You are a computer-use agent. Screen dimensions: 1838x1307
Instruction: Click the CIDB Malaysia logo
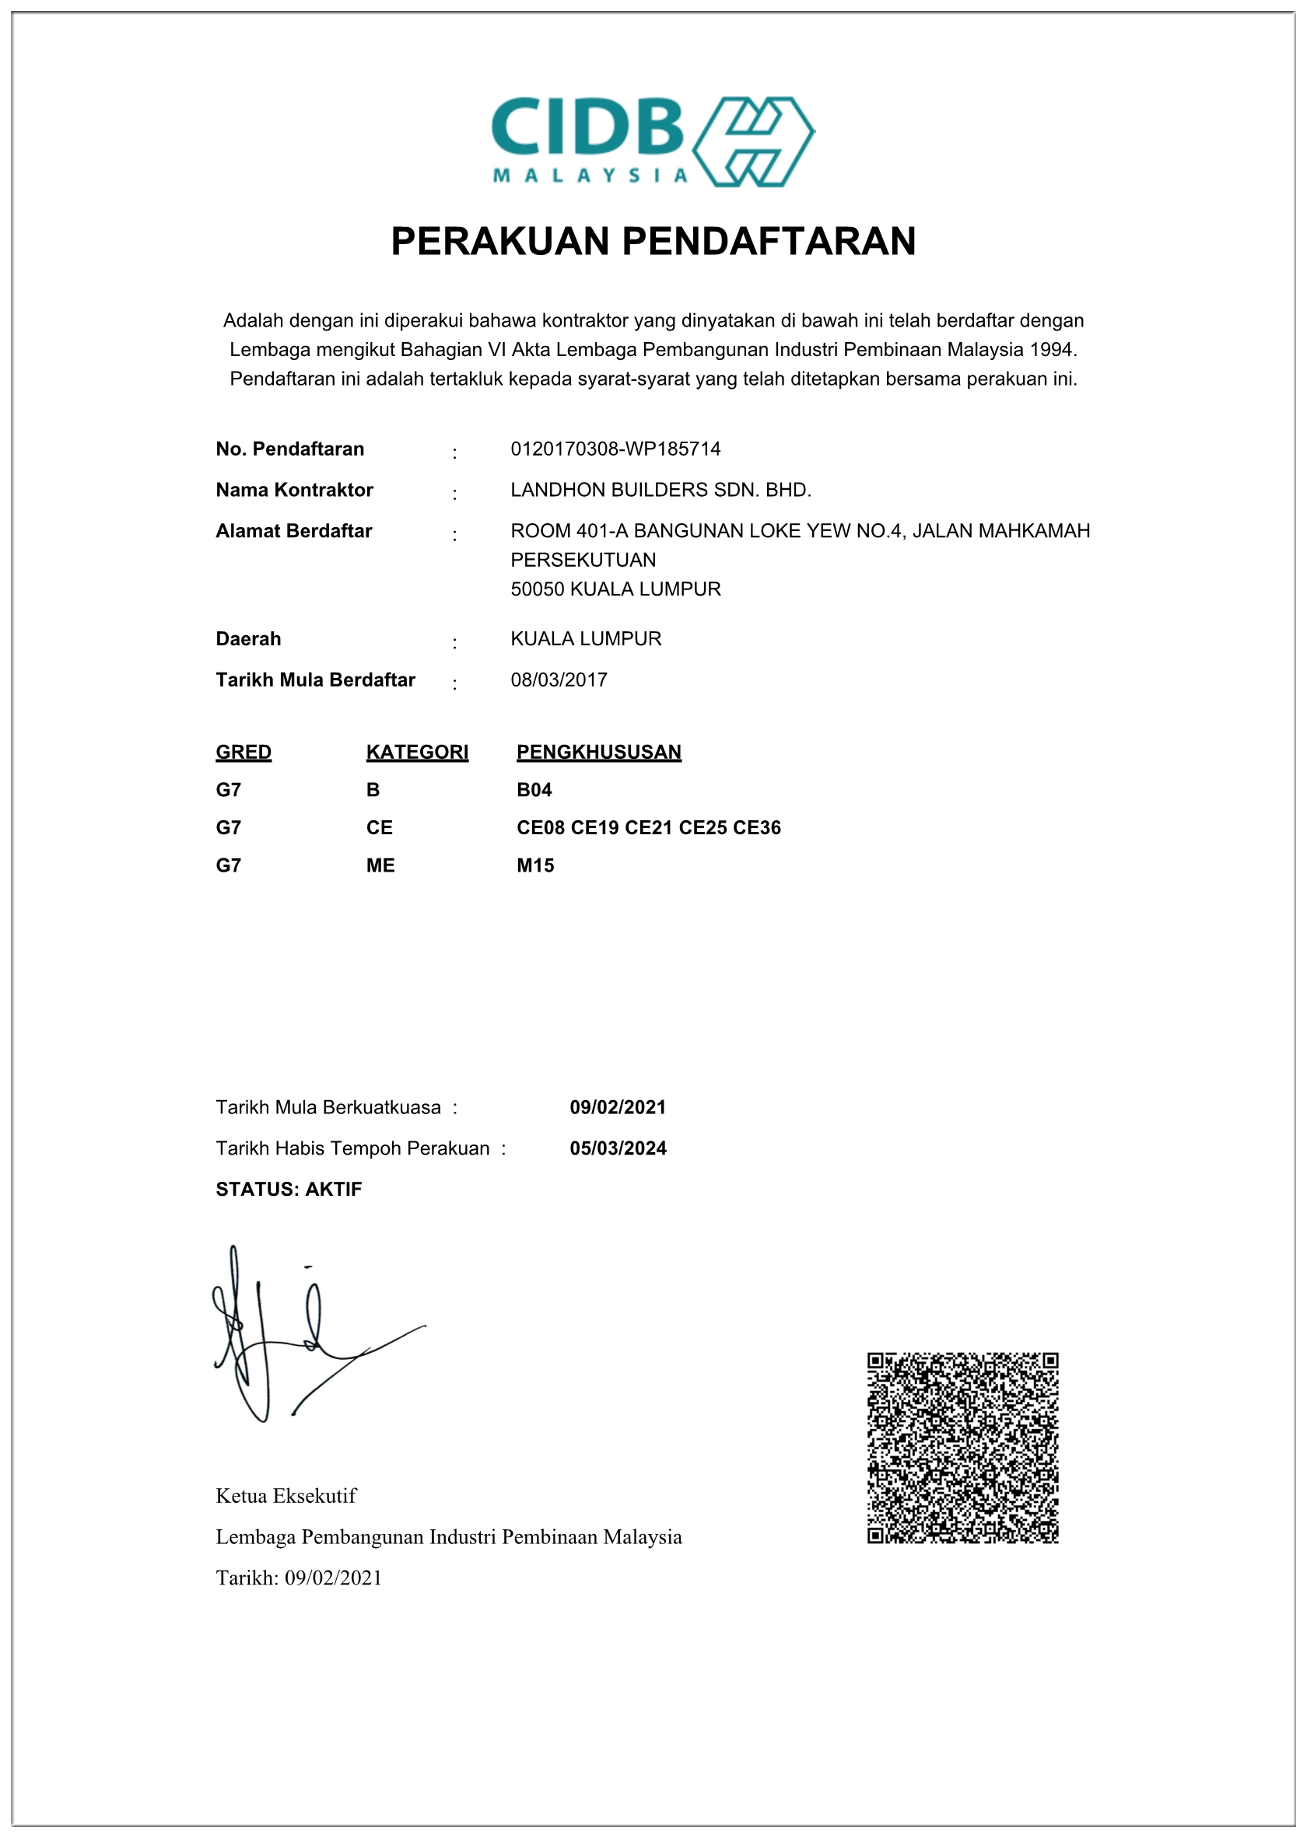point(653,142)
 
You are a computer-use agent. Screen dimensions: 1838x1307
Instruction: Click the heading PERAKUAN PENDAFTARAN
point(653,241)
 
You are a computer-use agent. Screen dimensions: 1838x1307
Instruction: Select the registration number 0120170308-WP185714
point(615,449)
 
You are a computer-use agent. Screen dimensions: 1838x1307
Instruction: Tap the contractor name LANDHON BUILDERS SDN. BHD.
point(661,490)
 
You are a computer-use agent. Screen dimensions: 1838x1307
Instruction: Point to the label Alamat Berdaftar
point(294,531)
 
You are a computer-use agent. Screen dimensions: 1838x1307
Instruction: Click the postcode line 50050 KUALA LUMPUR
point(615,589)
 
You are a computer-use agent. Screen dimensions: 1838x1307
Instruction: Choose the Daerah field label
point(248,638)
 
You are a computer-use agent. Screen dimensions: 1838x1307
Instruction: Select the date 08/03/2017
point(559,680)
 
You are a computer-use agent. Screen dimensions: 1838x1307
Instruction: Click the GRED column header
point(243,752)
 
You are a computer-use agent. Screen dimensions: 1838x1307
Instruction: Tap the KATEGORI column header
point(417,752)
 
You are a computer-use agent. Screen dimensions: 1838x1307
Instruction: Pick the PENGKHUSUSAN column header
point(599,752)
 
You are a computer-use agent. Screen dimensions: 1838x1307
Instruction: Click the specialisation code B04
point(534,790)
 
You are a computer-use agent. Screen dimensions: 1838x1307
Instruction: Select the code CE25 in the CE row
point(703,828)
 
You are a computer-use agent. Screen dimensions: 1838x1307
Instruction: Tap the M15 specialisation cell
point(535,865)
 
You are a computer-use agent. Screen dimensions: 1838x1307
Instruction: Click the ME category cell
point(380,865)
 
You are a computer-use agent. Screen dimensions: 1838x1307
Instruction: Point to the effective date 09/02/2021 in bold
point(618,1107)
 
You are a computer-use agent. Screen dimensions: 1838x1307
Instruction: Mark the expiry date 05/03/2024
point(618,1148)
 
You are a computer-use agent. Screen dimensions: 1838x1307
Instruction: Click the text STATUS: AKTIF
point(289,1189)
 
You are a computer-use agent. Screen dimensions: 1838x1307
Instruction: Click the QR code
point(962,1448)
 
